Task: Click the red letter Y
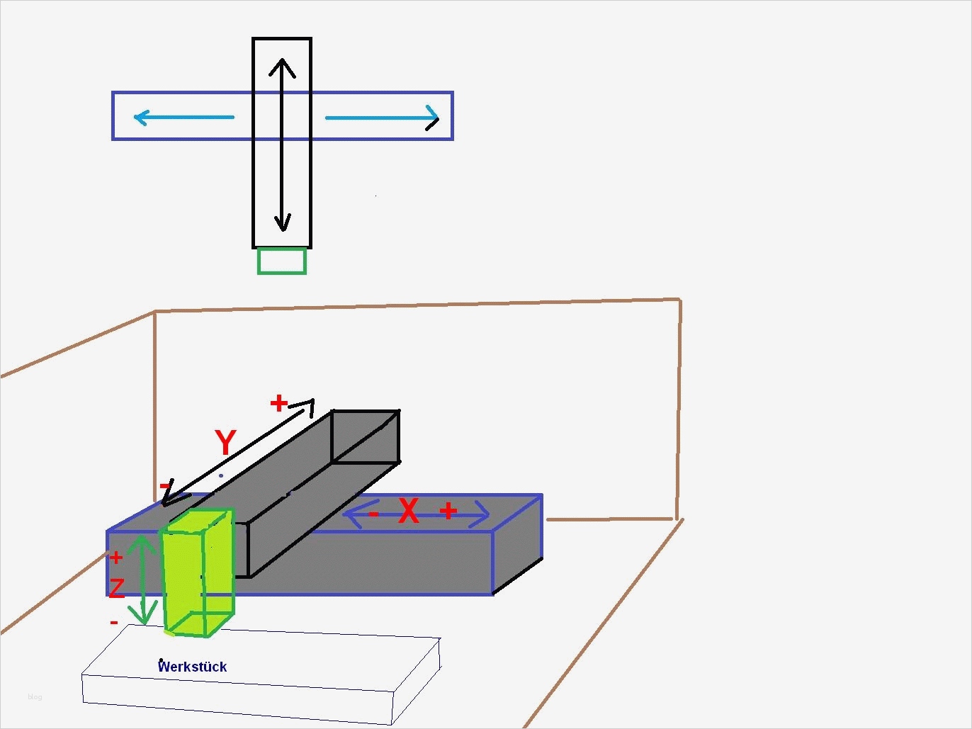coord(225,443)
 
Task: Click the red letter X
coord(408,511)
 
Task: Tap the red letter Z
coord(116,587)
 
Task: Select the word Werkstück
coord(192,667)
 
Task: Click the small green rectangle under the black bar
coord(282,261)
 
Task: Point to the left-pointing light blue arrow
coord(183,117)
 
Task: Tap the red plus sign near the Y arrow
coord(278,403)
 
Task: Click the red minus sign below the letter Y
coord(165,485)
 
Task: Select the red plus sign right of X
coord(448,510)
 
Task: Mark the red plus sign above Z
coord(116,558)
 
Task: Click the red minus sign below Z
coord(113,623)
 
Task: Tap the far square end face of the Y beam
coord(366,436)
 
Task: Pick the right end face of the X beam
coord(518,543)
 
